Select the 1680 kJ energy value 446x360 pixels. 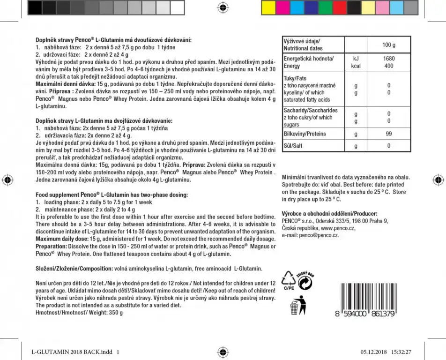click(x=388, y=59)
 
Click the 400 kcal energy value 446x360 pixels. click(x=388, y=66)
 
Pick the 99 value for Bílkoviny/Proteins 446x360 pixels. click(x=388, y=134)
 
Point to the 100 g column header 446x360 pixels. click(x=388, y=45)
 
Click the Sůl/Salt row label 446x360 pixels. click(x=293, y=146)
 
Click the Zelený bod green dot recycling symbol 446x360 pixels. click(x=306, y=281)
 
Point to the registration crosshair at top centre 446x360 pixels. click(x=223, y=7)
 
